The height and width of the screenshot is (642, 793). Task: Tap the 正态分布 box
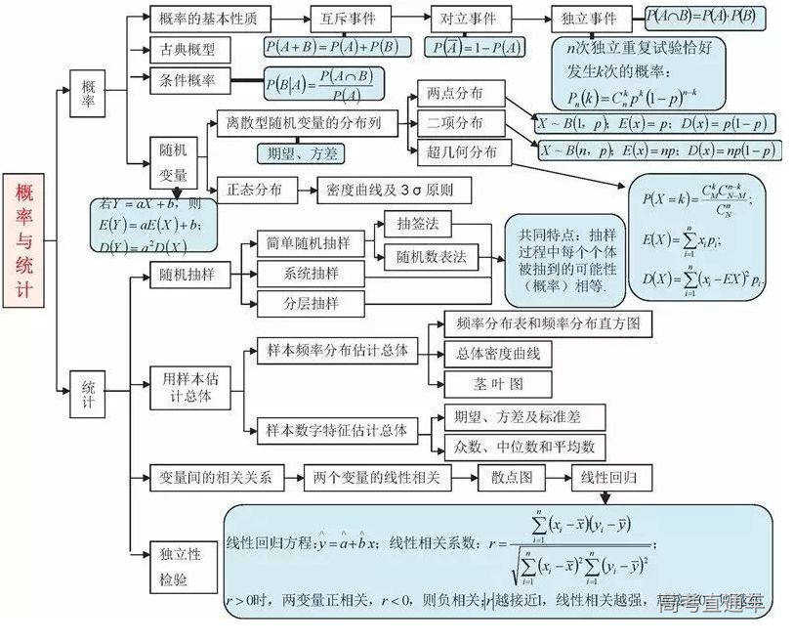(x=256, y=190)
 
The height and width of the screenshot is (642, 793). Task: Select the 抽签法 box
(x=417, y=224)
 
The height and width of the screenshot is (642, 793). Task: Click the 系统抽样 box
(x=311, y=273)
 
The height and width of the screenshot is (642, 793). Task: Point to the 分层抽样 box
(x=311, y=303)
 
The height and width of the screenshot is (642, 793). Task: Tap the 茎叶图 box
(x=497, y=382)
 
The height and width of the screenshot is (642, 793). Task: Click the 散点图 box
(x=512, y=478)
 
